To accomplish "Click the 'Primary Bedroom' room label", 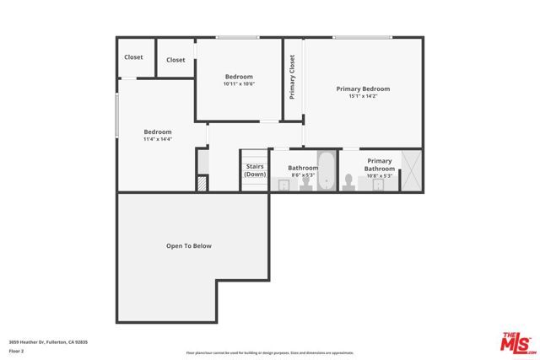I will pos(363,89).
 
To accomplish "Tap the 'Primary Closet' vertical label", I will pos(293,78).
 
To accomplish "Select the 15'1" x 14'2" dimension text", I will pos(363,97).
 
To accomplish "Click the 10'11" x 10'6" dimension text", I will pos(239,84).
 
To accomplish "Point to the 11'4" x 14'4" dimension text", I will pos(158,139).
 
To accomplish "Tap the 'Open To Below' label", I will pos(188,246).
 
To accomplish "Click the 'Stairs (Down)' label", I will pos(255,170).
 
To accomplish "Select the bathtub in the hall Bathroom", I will pos(327,170).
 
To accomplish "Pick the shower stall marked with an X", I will pos(411,170).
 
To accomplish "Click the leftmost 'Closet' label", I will pos(133,57).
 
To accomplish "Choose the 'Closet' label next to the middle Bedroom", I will pos(175,60).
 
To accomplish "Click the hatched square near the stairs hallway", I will pos(202,183).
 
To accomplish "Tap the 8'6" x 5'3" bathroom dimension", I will pos(302,175).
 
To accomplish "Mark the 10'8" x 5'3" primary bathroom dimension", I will pos(379,175).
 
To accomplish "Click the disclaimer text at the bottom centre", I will pos(269,352).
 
